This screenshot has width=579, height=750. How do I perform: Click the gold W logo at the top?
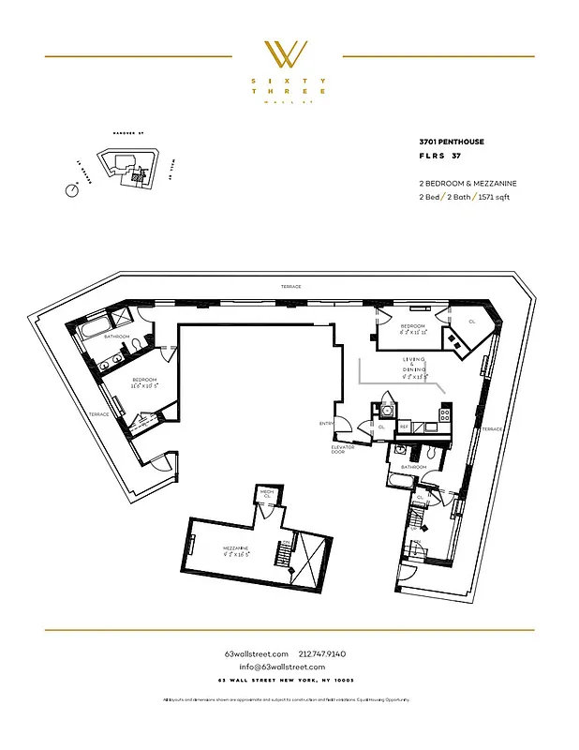(x=289, y=54)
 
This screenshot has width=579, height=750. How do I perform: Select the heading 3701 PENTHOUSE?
(x=452, y=142)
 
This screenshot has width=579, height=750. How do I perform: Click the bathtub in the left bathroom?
(x=95, y=330)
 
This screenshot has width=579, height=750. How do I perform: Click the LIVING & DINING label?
(x=414, y=366)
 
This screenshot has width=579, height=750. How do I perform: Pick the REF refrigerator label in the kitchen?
(x=405, y=427)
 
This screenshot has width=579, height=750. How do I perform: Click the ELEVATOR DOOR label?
(x=343, y=450)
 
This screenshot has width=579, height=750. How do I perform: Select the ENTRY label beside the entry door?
(x=326, y=424)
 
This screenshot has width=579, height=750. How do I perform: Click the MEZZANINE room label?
(x=235, y=549)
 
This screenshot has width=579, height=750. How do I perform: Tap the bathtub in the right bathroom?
(x=402, y=482)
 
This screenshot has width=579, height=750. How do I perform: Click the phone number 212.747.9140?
(x=322, y=653)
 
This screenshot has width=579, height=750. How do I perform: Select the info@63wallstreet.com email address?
(x=289, y=667)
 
